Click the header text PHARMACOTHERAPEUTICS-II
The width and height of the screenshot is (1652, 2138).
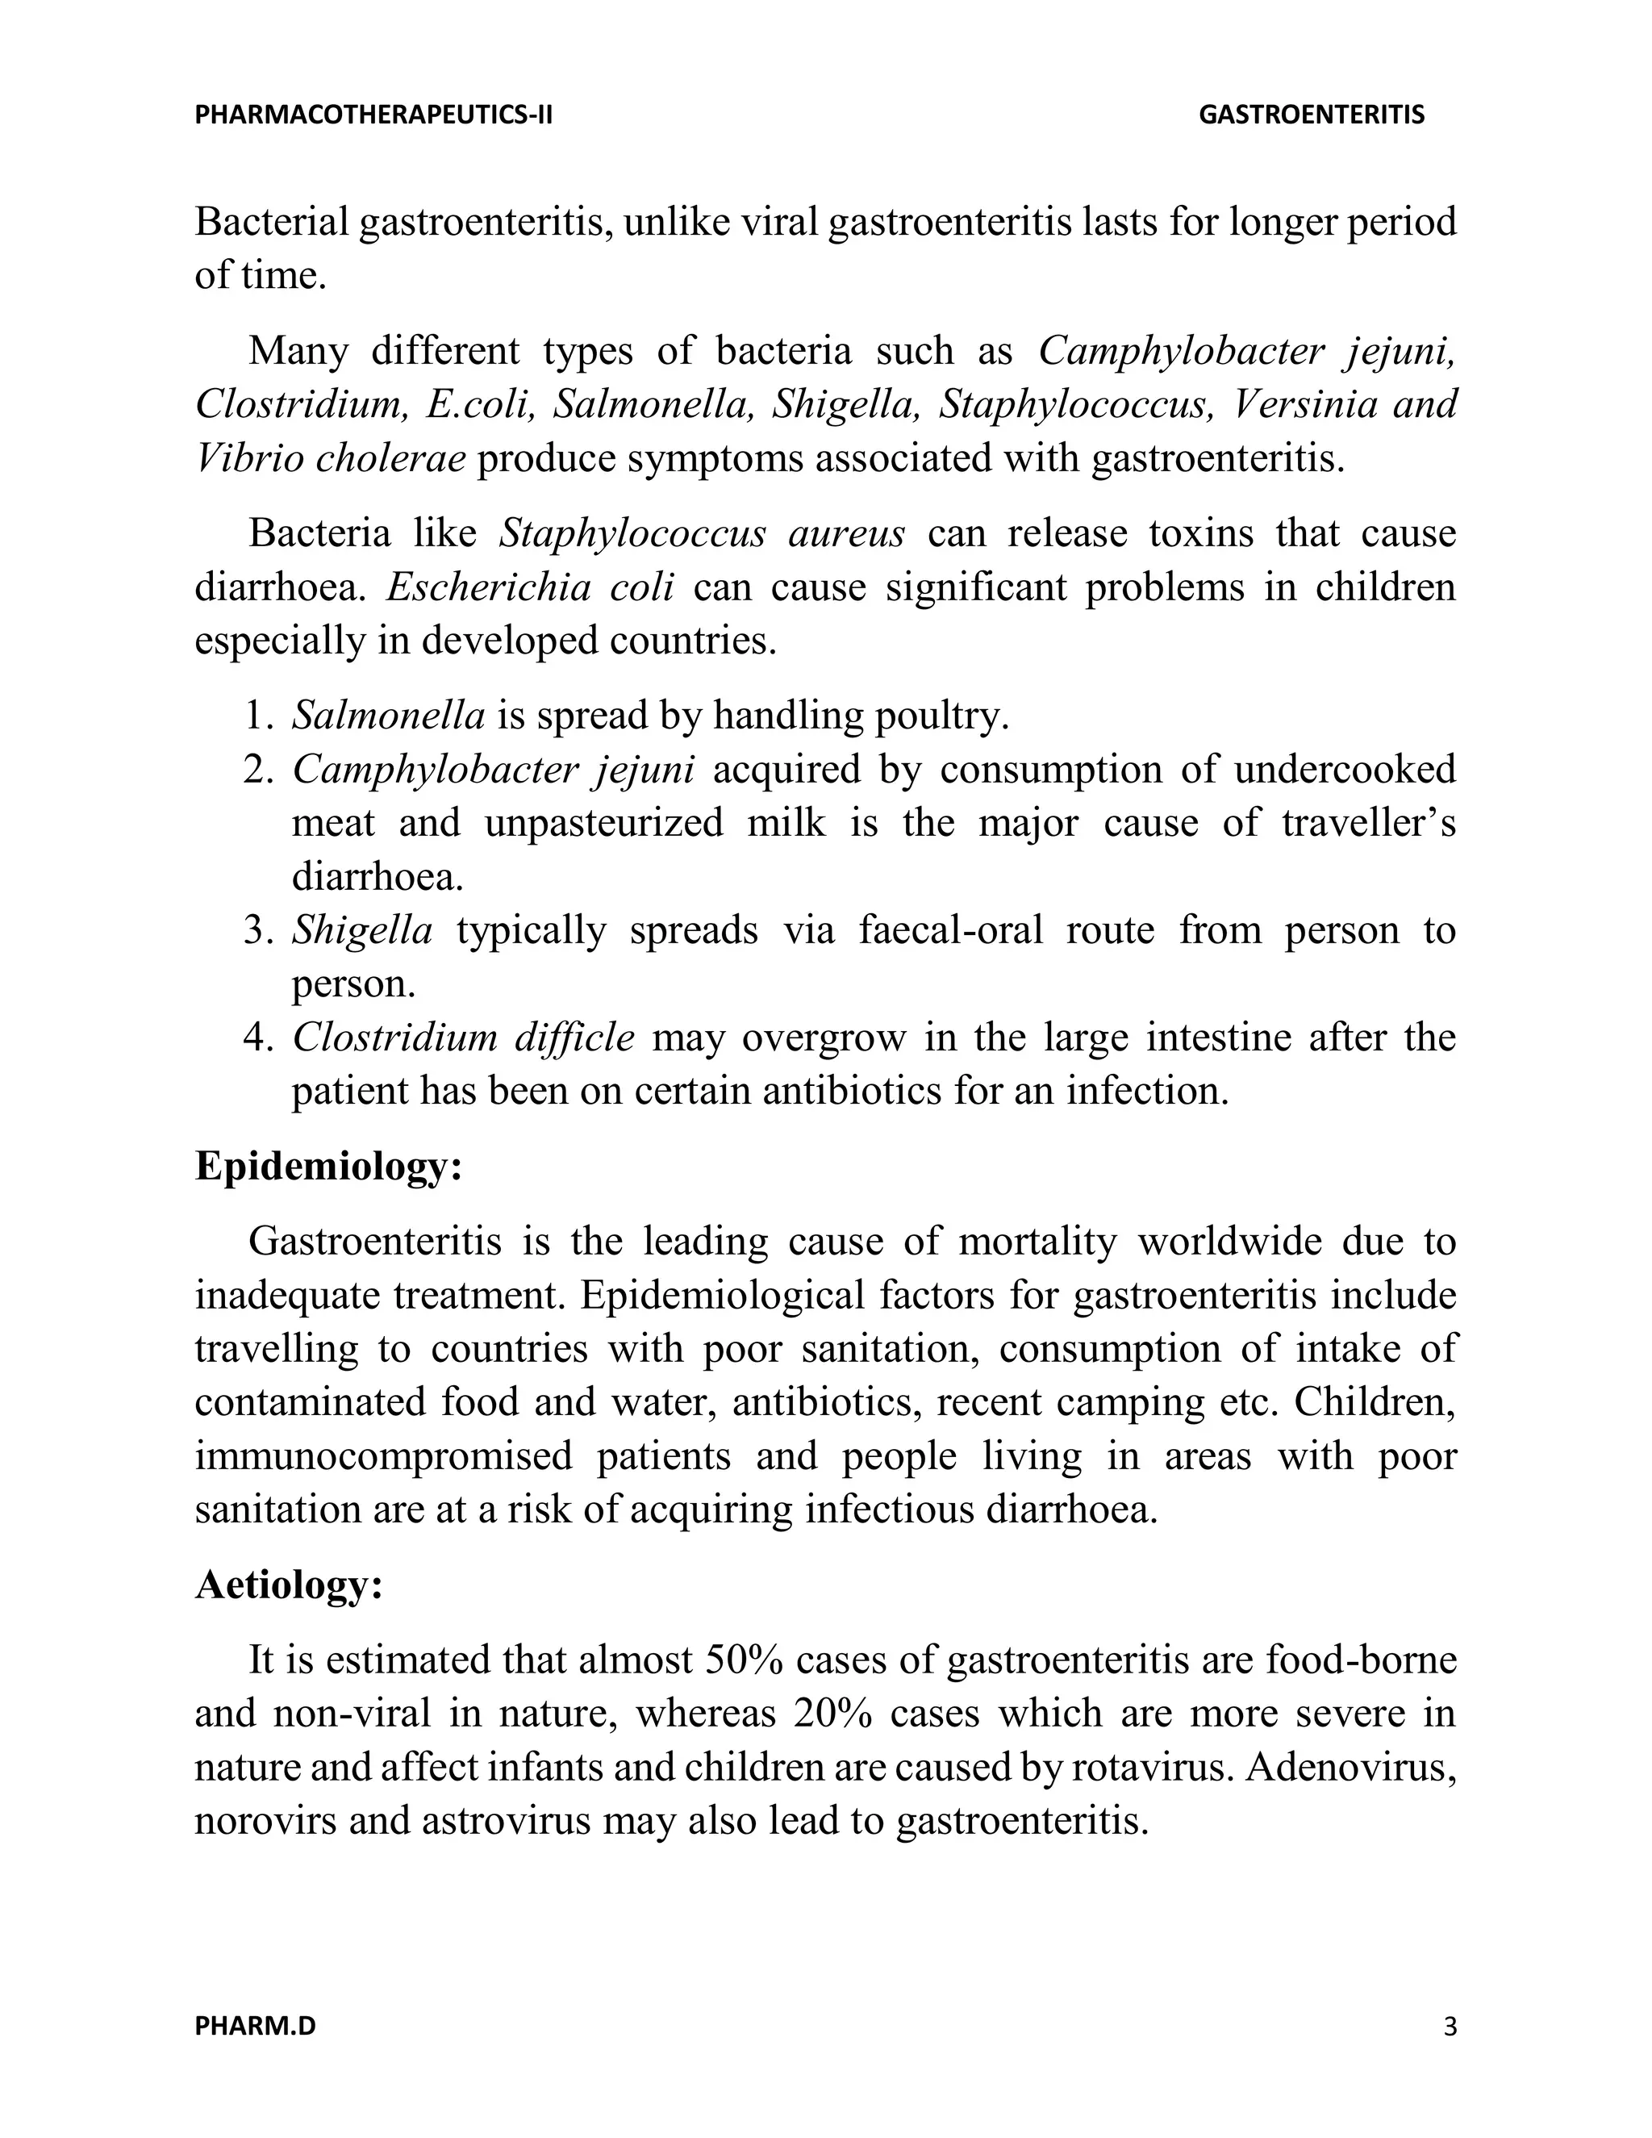pos(373,115)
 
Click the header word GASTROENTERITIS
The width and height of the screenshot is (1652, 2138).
pos(1312,115)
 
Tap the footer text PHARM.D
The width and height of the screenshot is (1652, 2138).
pos(256,2025)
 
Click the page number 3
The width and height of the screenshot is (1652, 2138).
pos(1450,2025)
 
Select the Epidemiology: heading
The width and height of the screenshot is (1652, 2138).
pos(327,1166)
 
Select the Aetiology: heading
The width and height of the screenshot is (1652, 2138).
pos(289,1585)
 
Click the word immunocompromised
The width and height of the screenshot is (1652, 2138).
pos(384,1456)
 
